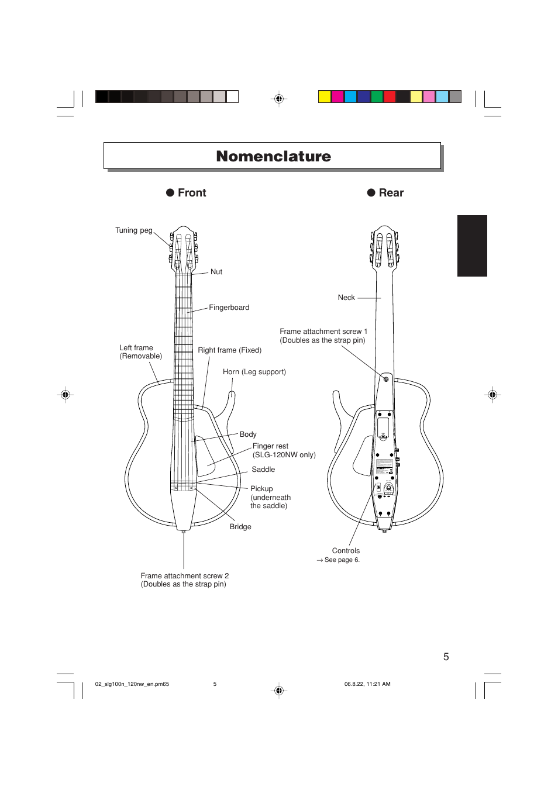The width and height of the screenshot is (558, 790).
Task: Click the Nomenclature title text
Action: point(273,157)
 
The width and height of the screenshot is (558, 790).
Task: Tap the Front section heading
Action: point(192,193)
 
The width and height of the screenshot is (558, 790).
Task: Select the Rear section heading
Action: point(391,193)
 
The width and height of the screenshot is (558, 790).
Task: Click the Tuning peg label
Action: point(133,230)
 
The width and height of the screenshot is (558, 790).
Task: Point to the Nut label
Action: point(216,272)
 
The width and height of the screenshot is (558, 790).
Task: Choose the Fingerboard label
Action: point(229,308)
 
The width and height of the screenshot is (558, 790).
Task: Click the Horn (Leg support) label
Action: point(254,372)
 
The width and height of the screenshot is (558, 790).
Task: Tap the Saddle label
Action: point(263,470)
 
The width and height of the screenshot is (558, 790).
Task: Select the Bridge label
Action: point(240,527)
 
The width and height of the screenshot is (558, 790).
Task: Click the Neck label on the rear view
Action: point(346,298)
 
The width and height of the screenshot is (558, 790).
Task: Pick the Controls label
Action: point(346,551)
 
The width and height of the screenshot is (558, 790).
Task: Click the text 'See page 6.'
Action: point(342,560)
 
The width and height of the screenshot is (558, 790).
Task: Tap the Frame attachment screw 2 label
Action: point(184,576)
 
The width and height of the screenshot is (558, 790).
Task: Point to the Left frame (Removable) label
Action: point(140,352)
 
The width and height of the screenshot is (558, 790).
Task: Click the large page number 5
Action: point(446,657)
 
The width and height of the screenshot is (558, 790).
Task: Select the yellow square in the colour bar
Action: point(325,97)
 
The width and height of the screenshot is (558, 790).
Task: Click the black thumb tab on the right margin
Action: point(472,246)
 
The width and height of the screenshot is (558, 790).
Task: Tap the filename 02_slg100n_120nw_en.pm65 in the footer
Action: point(132,684)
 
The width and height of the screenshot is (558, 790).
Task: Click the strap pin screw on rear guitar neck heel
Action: point(386,380)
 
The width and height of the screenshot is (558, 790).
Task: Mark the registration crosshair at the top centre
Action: point(279,99)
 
